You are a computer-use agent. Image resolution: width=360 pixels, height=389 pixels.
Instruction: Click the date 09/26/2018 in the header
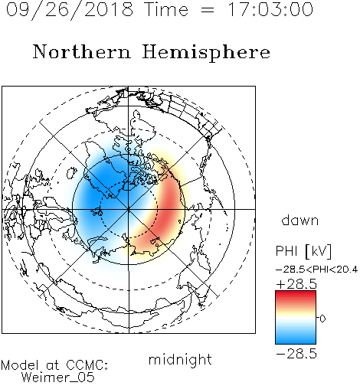tap(70, 10)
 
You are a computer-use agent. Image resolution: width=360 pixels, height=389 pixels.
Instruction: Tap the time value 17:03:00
tap(270, 9)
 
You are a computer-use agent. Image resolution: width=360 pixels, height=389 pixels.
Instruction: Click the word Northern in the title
tap(81, 51)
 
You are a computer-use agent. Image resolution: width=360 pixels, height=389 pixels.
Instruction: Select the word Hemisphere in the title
tap(206, 52)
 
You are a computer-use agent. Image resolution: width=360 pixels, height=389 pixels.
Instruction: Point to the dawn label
tap(300, 220)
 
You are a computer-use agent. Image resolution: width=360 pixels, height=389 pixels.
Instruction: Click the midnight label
tap(180, 360)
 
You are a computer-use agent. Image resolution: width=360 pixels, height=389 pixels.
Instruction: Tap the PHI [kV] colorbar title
tap(304, 251)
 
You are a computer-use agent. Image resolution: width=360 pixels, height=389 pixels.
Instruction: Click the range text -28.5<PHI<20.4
tap(316, 270)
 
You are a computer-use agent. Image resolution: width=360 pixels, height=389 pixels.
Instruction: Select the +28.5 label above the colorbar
tap(296, 284)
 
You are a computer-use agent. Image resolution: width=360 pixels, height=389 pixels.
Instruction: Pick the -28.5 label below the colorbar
tap(296, 354)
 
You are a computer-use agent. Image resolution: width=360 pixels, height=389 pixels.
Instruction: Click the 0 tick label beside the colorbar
tap(322, 319)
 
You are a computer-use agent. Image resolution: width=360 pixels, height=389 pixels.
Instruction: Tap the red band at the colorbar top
tap(296, 296)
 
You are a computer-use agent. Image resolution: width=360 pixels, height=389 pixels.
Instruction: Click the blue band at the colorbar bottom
tap(296, 338)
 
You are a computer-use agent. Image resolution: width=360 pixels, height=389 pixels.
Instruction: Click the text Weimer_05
tap(58, 378)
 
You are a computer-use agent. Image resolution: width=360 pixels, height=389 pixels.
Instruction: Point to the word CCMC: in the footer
tap(87, 365)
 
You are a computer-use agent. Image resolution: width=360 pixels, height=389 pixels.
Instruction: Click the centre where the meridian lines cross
tap(129, 209)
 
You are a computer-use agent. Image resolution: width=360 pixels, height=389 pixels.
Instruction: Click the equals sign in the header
tap(208, 10)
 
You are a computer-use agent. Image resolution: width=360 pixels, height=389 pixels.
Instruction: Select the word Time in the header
tap(166, 9)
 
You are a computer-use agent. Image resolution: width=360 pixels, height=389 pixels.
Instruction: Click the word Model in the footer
tap(20, 365)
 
